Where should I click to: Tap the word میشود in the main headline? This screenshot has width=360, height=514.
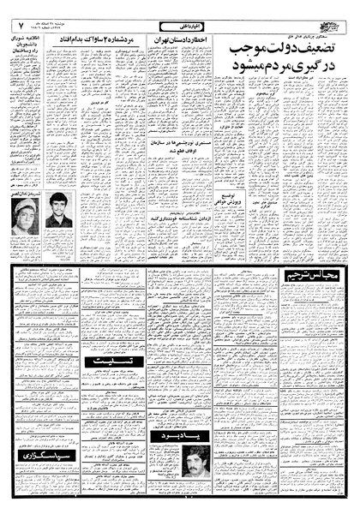[x=237, y=82]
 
